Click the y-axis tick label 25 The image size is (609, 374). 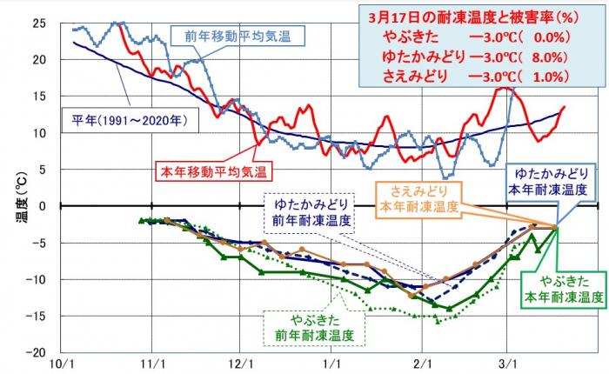click(x=39, y=23)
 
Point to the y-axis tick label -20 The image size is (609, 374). click(x=37, y=352)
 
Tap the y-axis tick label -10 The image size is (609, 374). click(x=37, y=279)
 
